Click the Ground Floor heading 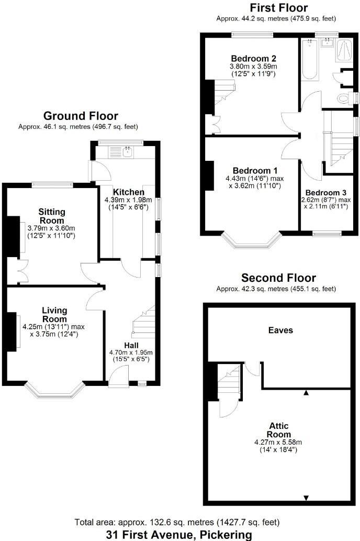pyautogui.click(x=81, y=116)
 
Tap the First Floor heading pyautogui.click(x=278, y=8)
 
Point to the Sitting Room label pyautogui.click(x=52, y=216)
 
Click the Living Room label pyautogui.click(x=54, y=315)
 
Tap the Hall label pyautogui.click(x=131, y=345)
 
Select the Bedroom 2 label pyautogui.click(x=254, y=58)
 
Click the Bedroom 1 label pyautogui.click(x=255, y=171)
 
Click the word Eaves pyautogui.click(x=280, y=330)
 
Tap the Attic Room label pyautogui.click(x=278, y=430)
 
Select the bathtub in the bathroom pyautogui.click(x=310, y=60)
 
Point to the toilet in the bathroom pyautogui.click(x=346, y=98)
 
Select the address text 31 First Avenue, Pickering pyautogui.click(x=179, y=534)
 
